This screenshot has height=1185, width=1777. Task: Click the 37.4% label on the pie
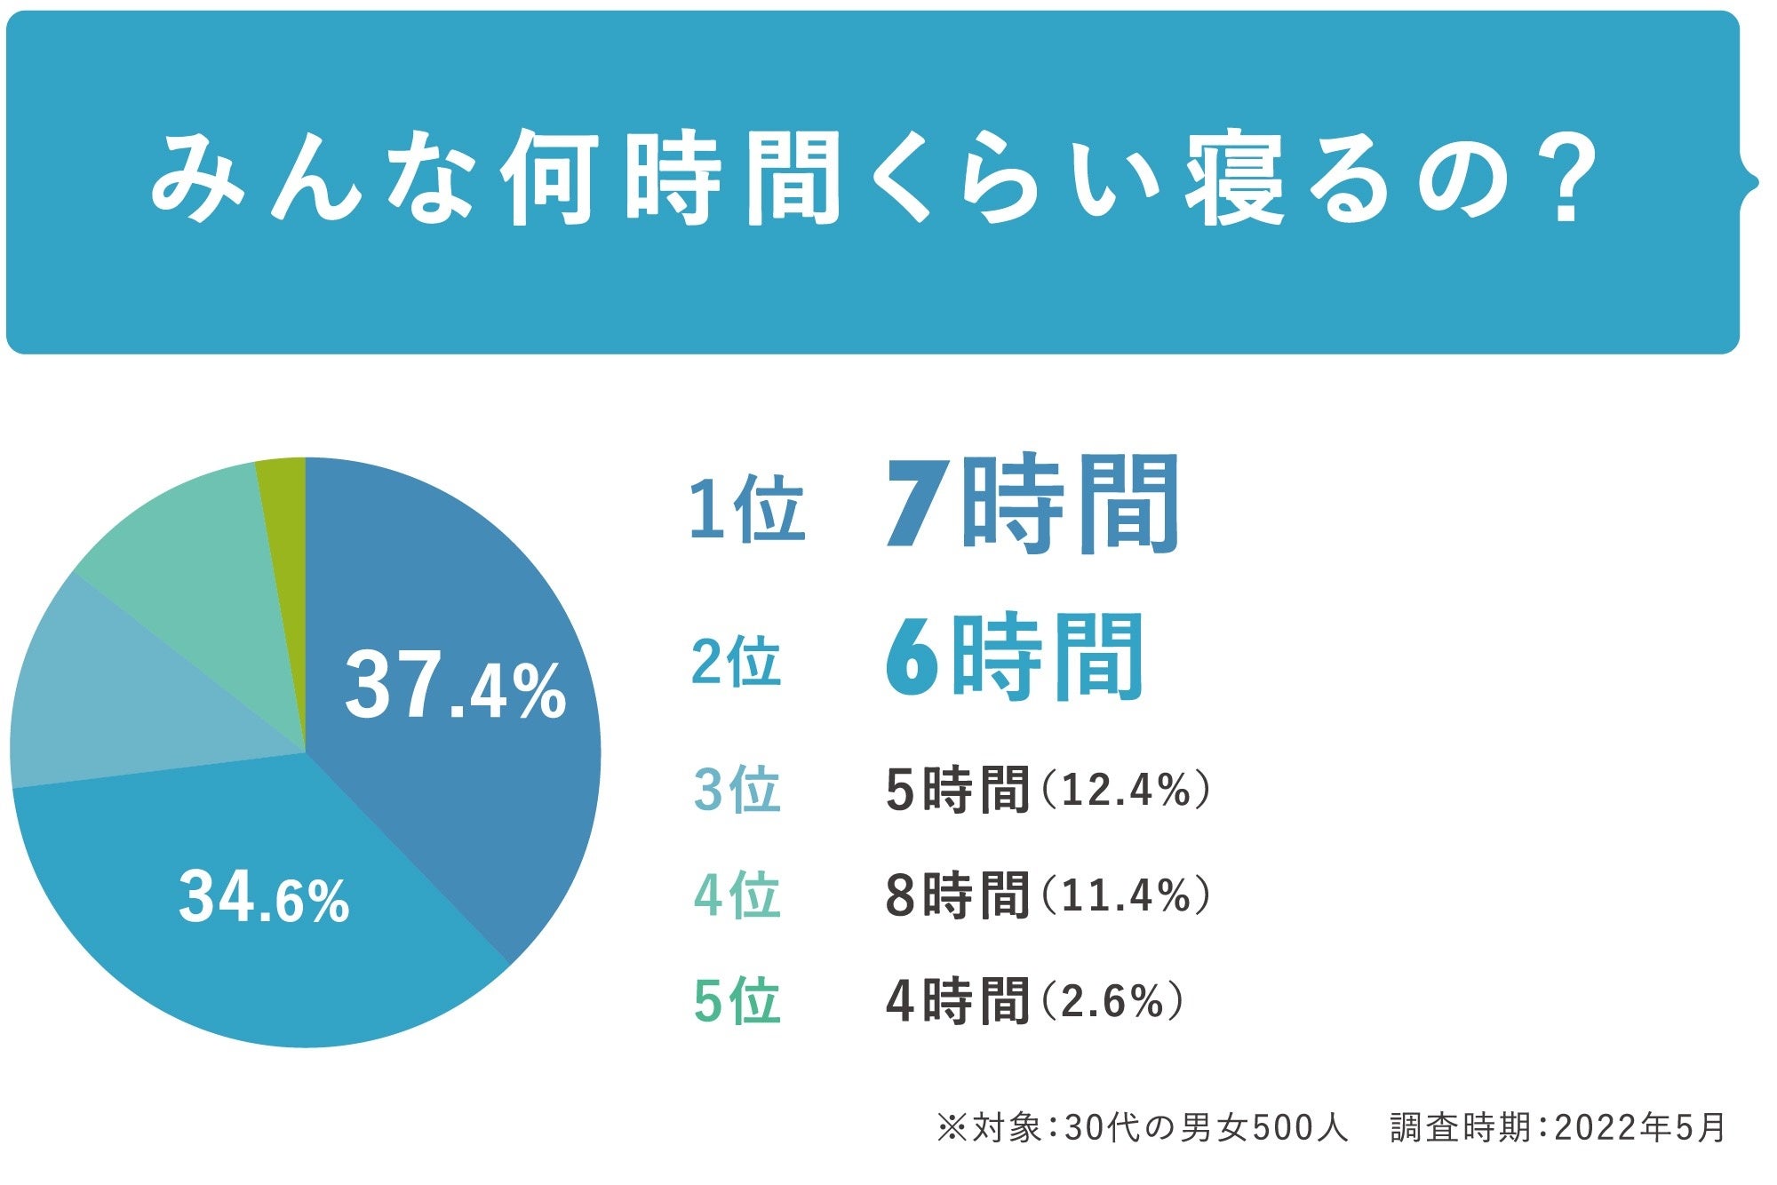[x=455, y=686]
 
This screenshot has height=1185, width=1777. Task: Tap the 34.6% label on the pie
[x=264, y=897]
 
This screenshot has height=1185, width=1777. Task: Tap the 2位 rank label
[x=737, y=662]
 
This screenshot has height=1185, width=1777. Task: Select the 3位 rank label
[x=737, y=790]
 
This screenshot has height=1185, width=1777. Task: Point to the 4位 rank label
[x=737, y=895]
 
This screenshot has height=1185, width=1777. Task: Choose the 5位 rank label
[x=737, y=1001]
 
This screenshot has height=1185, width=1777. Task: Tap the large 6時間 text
[x=1014, y=657]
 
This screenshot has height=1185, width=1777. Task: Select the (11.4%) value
[x=1124, y=895]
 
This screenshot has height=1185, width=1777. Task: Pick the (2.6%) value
[x=1111, y=1001]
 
